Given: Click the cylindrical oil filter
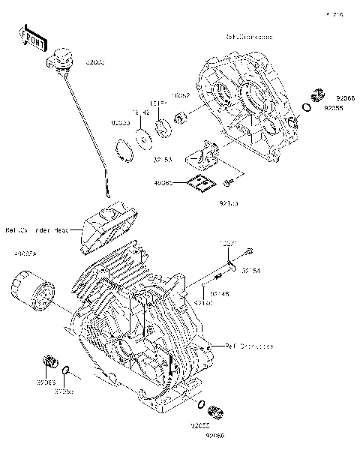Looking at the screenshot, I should (31, 297).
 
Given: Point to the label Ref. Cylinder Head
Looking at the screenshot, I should (36, 231).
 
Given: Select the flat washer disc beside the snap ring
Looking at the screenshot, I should (141, 138).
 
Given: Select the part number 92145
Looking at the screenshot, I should (220, 293).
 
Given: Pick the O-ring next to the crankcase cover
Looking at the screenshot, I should (306, 107).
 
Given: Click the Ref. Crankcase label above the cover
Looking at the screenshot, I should (249, 36).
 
